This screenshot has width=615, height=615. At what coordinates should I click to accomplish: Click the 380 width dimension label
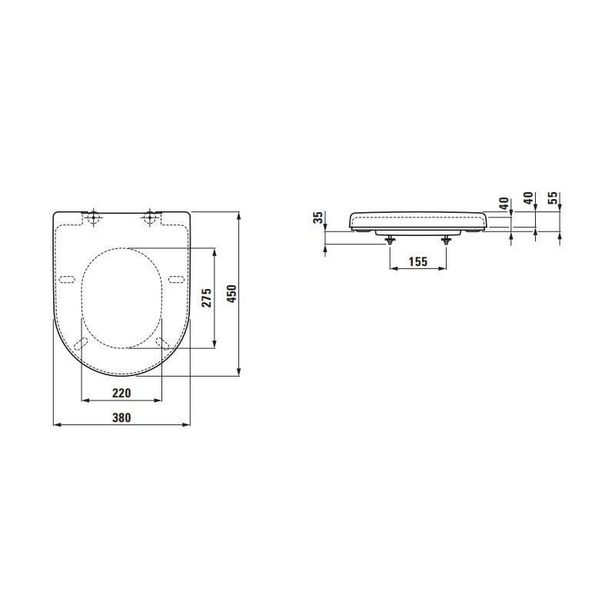click(121, 417)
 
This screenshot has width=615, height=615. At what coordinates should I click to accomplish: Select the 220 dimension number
click(121, 393)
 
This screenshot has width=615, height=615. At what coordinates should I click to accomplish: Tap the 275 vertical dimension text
click(207, 298)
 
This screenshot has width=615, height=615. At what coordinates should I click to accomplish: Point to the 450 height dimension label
click(232, 294)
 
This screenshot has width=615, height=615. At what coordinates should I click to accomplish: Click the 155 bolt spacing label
click(418, 261)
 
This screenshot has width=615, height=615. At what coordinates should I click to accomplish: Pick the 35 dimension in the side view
click(318, 218)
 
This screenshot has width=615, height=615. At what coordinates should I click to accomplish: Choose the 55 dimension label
click(552, 198)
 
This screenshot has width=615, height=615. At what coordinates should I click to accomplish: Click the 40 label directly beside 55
click(528, 198)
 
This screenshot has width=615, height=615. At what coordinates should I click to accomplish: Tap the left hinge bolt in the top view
click(93, 217)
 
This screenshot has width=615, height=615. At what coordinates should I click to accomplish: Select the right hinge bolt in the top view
click(150, 217)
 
